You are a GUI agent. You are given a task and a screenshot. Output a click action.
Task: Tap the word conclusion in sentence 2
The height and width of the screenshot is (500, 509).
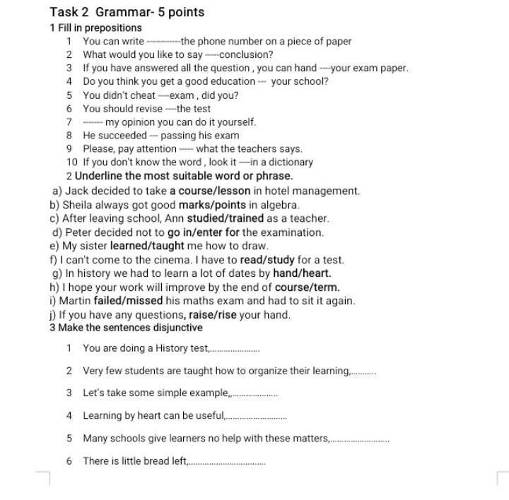[247, 55]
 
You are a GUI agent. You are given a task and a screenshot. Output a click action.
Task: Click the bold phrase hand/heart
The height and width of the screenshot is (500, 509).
[302, 273]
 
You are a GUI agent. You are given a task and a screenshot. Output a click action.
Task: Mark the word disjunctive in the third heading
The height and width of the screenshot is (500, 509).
[175, 328]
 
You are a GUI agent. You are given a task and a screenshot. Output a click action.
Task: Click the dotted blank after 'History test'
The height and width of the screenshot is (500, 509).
[236, 349]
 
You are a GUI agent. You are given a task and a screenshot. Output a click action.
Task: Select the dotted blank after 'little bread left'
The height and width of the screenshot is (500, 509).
[227, 462]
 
